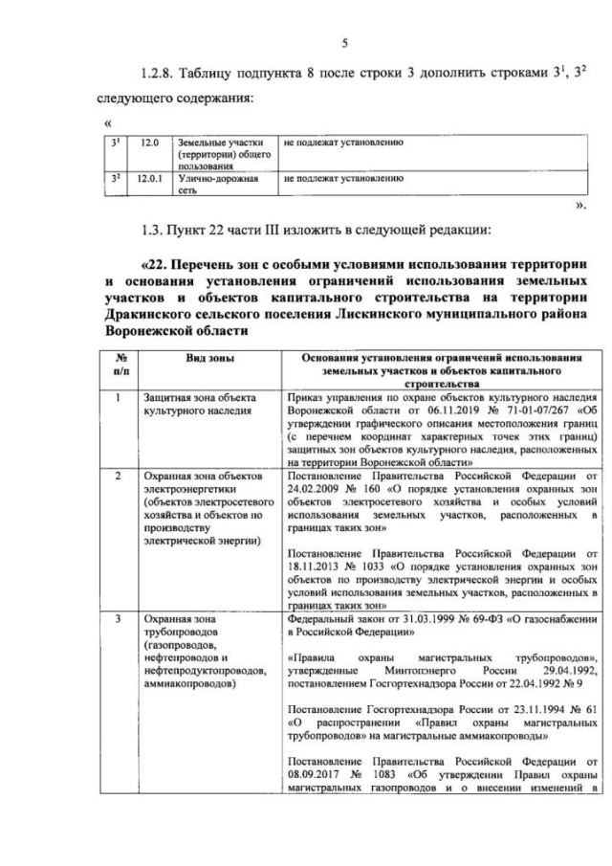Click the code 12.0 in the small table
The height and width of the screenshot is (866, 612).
pyautogui.click(x=148, y=144)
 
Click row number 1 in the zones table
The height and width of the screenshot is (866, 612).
pyautogui.click(x=118, y=396)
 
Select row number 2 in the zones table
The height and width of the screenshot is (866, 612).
pyautogui.click(x=118, y=475)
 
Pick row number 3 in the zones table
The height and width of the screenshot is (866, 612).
pyautogui.click(x=118, y=620)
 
